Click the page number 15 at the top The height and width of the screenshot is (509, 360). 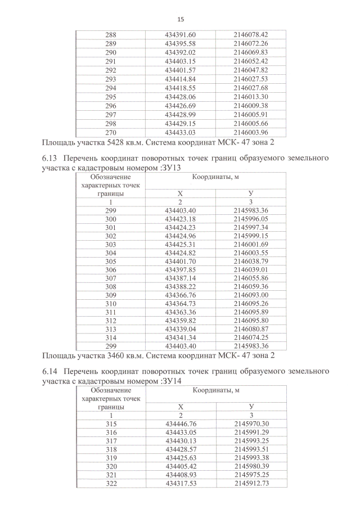(181, 19)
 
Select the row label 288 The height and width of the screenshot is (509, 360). (111, 35)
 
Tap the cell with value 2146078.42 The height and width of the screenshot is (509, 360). (251, 35)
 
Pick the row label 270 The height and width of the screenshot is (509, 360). (111, 132)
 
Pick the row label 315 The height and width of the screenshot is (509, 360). (111, 424)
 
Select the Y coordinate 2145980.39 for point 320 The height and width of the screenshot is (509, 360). (251, 467)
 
